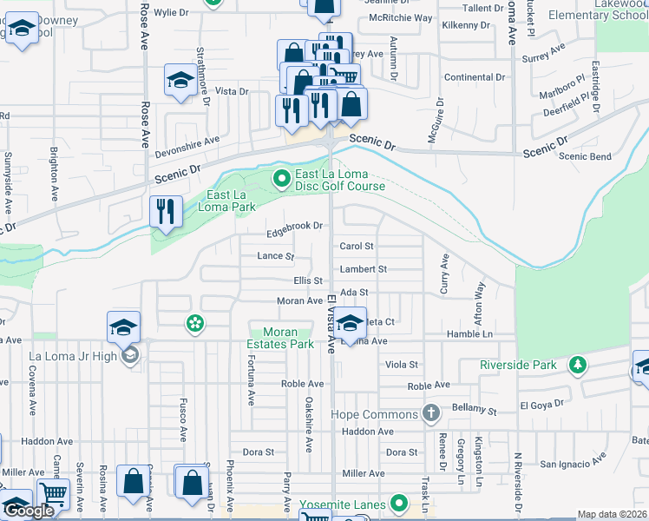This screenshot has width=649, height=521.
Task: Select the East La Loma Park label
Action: (x=231, y=201)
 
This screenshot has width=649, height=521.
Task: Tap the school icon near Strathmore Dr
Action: (x=180, y=82)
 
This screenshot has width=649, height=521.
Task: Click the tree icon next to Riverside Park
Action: (x=576, y=366)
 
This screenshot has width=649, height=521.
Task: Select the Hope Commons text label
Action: (x=377, y=414)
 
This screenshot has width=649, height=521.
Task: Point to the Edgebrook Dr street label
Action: (x=295, y=226)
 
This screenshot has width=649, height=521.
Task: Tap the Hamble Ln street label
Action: (x=469, y=334)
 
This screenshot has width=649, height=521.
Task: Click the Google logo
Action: (x=29, y=511)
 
